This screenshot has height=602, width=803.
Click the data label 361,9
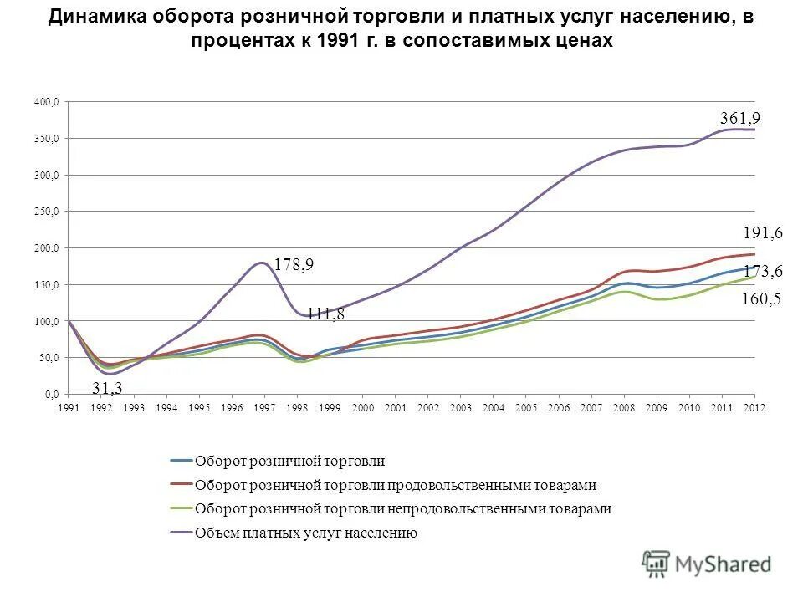(740, 120)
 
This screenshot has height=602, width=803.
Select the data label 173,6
(762, 271)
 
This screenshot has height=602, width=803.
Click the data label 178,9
(294, 264)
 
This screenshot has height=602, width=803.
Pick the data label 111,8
(325, 314)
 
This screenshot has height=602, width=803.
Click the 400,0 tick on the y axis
(48, 102)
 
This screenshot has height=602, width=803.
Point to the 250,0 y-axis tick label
(48, 212)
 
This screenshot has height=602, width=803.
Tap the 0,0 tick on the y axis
(52, 394)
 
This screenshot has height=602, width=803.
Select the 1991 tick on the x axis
(69, 407)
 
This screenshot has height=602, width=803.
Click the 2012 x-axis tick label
(754, 407)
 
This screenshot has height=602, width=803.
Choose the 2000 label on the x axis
(362, 407)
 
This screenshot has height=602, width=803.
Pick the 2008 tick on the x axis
(624, 407)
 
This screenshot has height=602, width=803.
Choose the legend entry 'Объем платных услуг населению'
(305, 533)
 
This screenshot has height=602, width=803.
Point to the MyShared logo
(707, 564)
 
